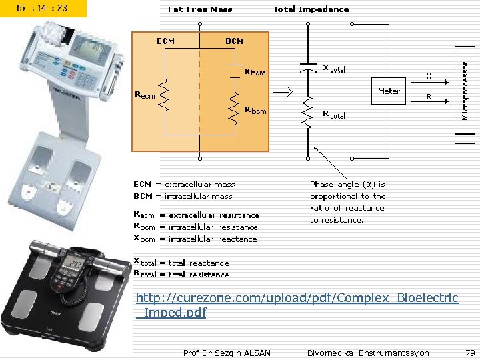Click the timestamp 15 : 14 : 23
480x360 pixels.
coord(43,9)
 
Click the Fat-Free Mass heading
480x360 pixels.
coord(199,9)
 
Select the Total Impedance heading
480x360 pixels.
coord(311,9)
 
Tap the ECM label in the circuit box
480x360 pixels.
coord(165,41)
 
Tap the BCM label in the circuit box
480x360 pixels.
coord(234,41)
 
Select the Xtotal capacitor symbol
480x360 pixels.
coord(307,68)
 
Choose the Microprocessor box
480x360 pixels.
coord(465,91)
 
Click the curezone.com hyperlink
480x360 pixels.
coord(297,305)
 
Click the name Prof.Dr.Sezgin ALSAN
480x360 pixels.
coord(227,353)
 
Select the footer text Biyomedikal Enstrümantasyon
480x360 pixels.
coord(368,353)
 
